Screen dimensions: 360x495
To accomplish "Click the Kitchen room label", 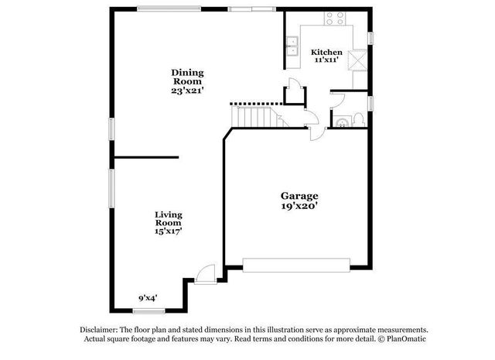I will pos(326,53).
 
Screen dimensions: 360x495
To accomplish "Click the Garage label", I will pos(299,196).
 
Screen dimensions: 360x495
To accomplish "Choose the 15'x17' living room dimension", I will pos(168,230).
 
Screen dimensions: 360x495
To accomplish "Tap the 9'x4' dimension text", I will pos(148,297).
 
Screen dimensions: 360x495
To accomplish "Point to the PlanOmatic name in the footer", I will pos(403,339).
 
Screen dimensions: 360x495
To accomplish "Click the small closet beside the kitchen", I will pos(294,94).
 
